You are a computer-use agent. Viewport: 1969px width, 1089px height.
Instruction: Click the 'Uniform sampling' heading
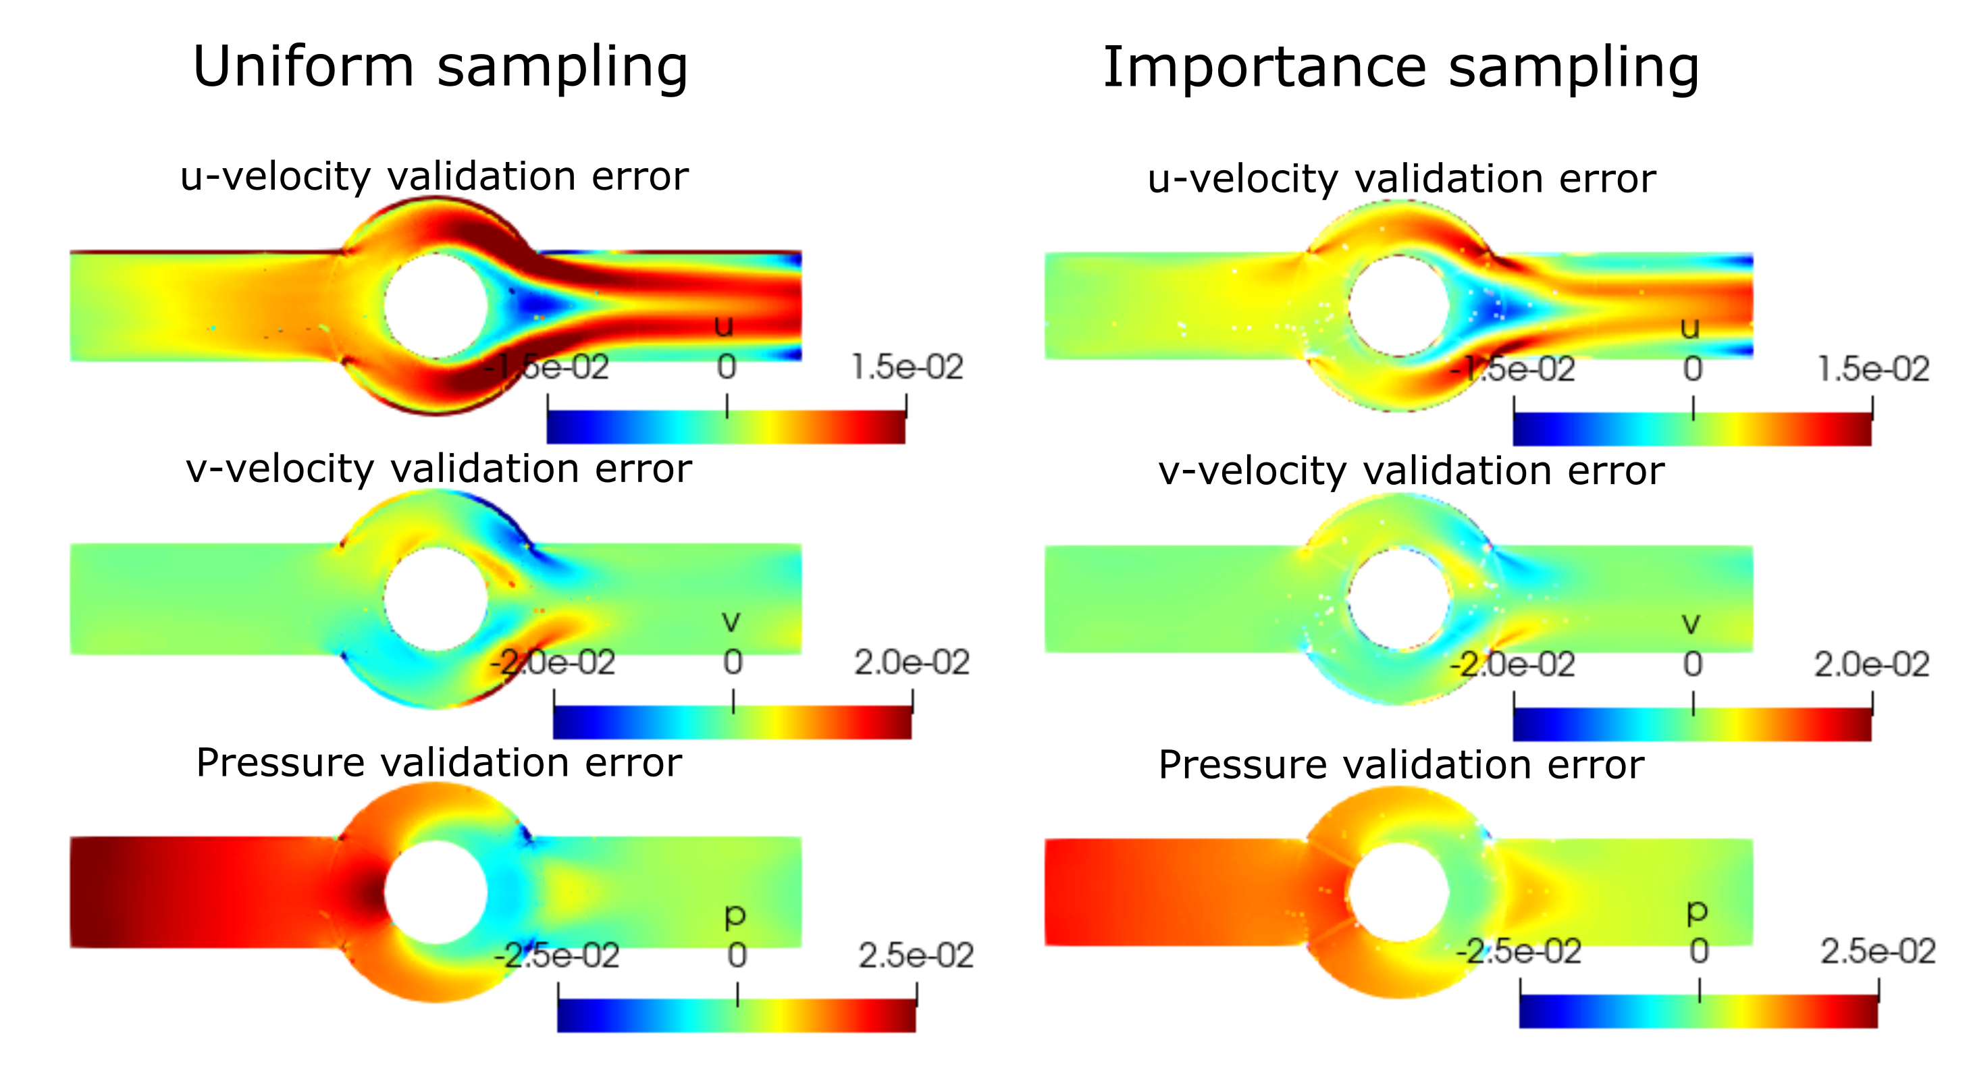pyautogui.click(x=440, y=68)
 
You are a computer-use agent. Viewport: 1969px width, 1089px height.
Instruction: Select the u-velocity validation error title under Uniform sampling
pyautogui.click(x=434, y=178)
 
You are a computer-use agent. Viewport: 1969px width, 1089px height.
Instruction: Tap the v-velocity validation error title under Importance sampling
pyautogui.click(x=1411, y=471)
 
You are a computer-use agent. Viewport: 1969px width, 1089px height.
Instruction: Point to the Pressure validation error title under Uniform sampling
pyautogui.click(x=439, y=764)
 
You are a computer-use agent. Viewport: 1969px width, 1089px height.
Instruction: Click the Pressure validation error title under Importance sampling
pyautogui.click(x=1401, y=766)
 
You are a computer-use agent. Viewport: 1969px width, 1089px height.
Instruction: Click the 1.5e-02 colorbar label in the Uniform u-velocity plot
pyautogui.click(x=908, y=367)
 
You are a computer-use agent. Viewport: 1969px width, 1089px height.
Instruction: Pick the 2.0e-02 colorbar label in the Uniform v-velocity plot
pyautogui.click(x=912, y=662)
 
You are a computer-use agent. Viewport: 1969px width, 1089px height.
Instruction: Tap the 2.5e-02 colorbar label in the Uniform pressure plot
pyautogui.click(x=916, y=956)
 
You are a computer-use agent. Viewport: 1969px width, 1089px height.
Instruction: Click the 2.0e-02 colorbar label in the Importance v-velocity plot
pyautogui.click(x=1872, y=665)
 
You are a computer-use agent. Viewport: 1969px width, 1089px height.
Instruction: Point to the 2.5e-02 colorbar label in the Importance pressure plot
pyautogui.click(x=1878, y=952)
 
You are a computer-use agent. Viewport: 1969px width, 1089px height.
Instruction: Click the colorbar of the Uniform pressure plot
pyautogui.click(x=736, y=1015)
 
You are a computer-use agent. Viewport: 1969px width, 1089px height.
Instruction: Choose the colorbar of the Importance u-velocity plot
pyautogui.click(x=1692, y=429)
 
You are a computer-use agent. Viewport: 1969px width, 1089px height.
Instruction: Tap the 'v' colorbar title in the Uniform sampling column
pyautogui.click(x=731, y=622)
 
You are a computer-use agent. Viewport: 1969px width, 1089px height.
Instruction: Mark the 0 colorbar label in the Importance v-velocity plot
pyautogui.click(x=1693, y=665)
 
